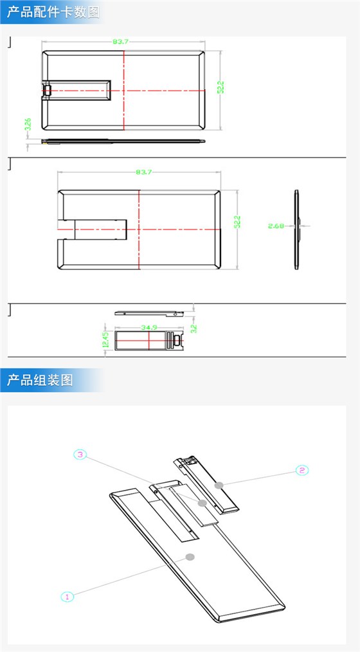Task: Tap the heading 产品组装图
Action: (x=40, y=380)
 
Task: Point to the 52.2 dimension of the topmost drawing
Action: (x=220, y=87)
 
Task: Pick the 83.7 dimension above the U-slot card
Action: (x=143, y=172)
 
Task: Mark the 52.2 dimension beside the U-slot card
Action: (x=237, y=222)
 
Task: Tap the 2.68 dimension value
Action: (x=276, y=225)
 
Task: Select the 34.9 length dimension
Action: (x=149, y=328)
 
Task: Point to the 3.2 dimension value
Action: (x=193, y=328)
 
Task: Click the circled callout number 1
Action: (x=67, y=596)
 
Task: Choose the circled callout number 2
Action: (x=301, y=470)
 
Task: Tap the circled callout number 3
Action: (x=80, y=455)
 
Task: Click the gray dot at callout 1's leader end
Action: (x=189, y=556)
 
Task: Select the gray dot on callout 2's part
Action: (x=219, y=484)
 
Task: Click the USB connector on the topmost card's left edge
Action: (x=46, y=91)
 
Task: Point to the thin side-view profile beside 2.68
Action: (x=297, y=228)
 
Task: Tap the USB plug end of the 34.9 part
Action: (x=174, y=340)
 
